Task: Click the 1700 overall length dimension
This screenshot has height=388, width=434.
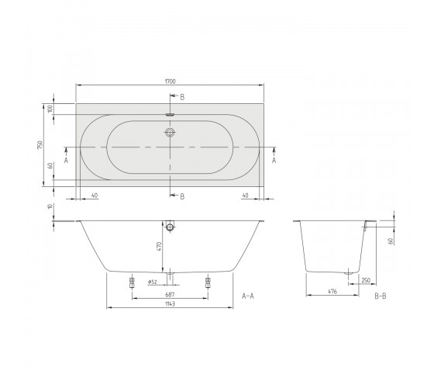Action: pyautogui.click(x=170, y=81)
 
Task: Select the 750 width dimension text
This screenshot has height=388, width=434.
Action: pyautogui.click(x=40, y=145)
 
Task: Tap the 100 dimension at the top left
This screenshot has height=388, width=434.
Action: pyautogui.click(x=50, y=109)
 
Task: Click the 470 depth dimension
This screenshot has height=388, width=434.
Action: pyautogui.click(x=159, y=247)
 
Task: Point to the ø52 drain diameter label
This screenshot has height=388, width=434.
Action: pyautogui.click(x=153, y=282)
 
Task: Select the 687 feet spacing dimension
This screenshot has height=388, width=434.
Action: pyautogui.click(x=170, y=295)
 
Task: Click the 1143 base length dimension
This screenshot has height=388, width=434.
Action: pyautogui.click(x=170, y=303)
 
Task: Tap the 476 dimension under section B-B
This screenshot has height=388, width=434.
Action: pyautogui.click(x=332, y=291)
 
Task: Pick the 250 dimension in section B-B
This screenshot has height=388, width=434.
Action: pyautogui.click(x=366, y=280)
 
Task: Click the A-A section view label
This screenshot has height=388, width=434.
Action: pyautogui.click(x=248, y=296)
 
